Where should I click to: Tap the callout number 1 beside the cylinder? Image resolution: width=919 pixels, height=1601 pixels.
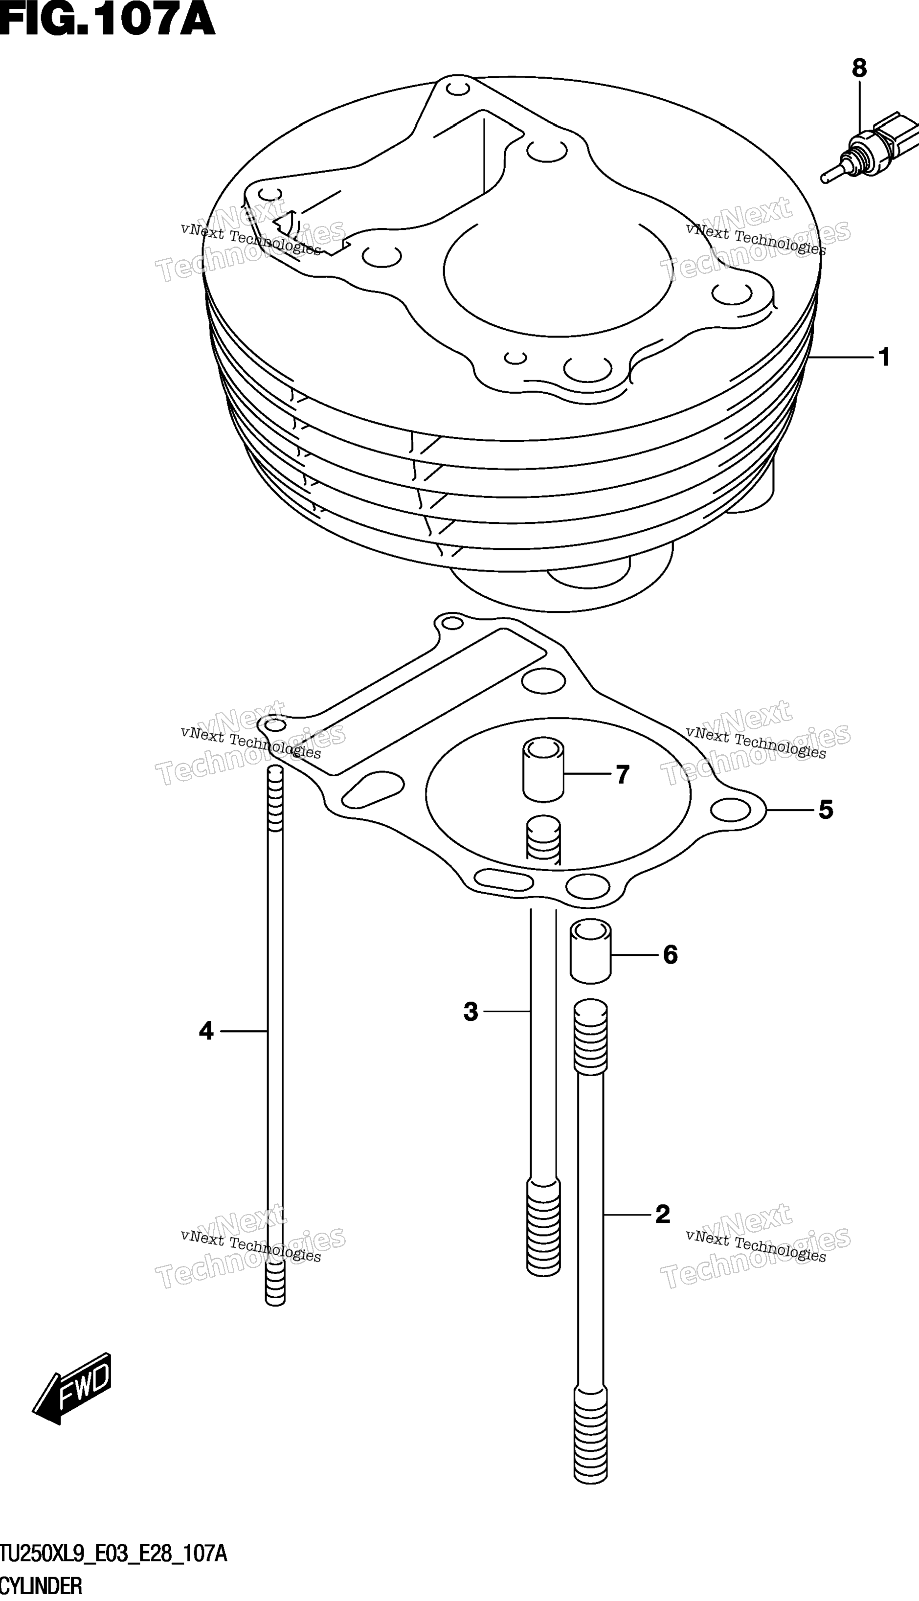884,358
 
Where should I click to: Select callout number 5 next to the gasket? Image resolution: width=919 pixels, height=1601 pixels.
826,809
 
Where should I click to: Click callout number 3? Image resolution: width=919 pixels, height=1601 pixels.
471,1012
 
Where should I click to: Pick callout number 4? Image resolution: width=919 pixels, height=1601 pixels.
206,1031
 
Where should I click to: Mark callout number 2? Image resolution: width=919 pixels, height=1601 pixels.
662,1214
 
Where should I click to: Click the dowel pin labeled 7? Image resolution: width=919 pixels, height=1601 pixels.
542,771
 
